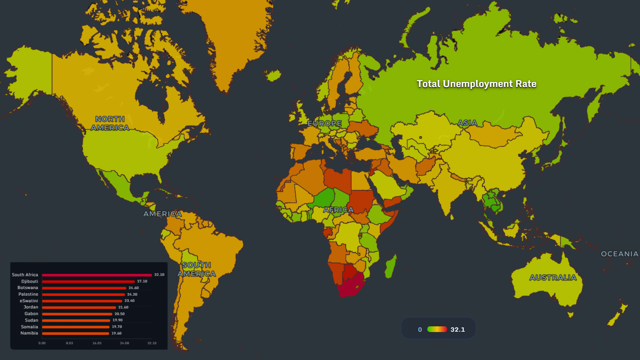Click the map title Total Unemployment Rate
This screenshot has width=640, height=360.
pos(476,84)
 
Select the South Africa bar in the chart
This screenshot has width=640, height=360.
pos(97,275)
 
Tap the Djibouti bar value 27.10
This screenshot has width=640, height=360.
pos(142,281)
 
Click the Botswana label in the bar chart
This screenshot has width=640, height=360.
pos(28,288)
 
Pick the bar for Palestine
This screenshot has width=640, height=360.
pos(83,294)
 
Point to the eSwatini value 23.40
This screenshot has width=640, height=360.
pos(129,301)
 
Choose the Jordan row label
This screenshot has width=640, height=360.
pos(31,307)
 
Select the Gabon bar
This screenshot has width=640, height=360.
pos(77,314)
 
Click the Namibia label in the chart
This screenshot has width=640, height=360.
pos(29,333)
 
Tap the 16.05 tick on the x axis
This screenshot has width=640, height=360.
pos(97,343)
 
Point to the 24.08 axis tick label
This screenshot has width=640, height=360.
pos(124,343)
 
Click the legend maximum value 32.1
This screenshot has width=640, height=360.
pos(457,329)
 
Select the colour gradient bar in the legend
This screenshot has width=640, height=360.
pos(437,329)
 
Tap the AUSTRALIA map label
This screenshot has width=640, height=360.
pos(553,277)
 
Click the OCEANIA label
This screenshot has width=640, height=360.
pos(619,254)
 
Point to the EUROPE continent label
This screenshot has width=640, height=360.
pos(324,123)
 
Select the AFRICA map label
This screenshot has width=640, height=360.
pos(338,210)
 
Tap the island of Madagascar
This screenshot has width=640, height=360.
pos(391,267)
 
